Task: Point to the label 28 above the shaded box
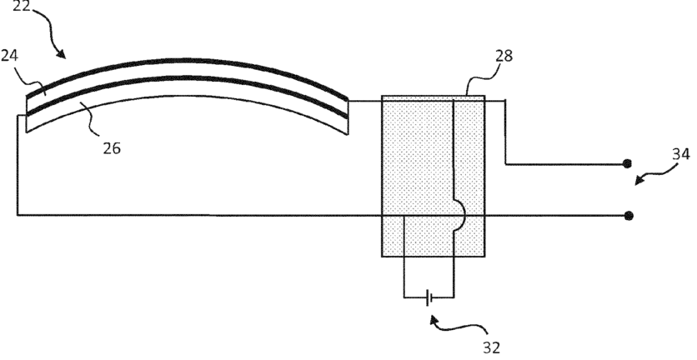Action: pyautogui.click(x=504, y=57)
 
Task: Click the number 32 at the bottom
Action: pyautogui.click(x=492, y=344)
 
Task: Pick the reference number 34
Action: pyautogui.click(x=679, y=153)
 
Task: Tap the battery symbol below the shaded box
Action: pyautogui.click(x=429, y=297)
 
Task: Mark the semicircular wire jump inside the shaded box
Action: pyautogui.click(x=459, y=215)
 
